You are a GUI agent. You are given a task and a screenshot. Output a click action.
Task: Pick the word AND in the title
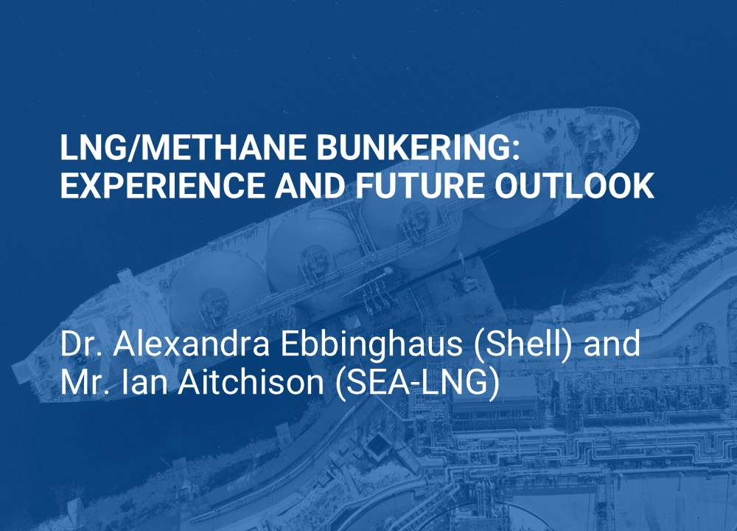(310, 185)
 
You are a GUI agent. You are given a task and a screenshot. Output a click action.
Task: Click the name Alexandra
(192, 343)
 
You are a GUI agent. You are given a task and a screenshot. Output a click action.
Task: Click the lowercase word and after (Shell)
(612, 343)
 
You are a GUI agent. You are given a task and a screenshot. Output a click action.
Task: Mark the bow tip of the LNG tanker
(638, 123)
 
